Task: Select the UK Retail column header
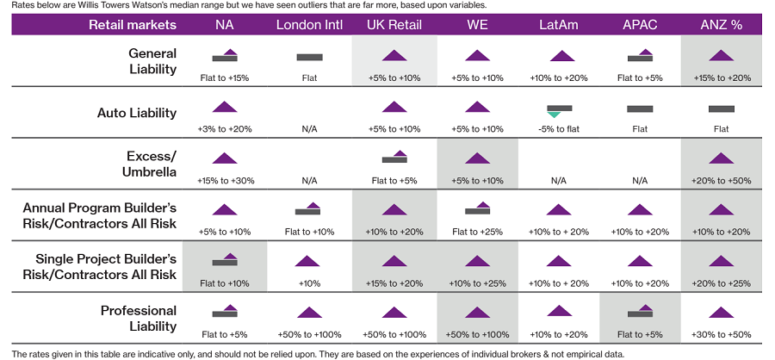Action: pyautogui.click(x=394, y=24)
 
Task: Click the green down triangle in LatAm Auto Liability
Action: pyautogui.click(x=554, y=115)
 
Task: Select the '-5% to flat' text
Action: pyautogui.click(x=561, y=129)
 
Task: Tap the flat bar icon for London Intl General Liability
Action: pyautogui.click(x=309, y=57)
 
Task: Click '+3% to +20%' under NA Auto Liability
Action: pyautogui.click(x=224, y=129)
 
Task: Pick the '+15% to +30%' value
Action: pyautogui.click(x=224, y=181)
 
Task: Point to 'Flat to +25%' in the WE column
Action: pyautogui.click(x=477, y=232)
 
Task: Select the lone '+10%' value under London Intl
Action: pyautogui.click(x=309, y=283)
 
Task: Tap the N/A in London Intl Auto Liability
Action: pyautogui.click(x=309, y=129)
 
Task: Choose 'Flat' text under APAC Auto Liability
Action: pyautogui.click(x=640, y=129)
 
